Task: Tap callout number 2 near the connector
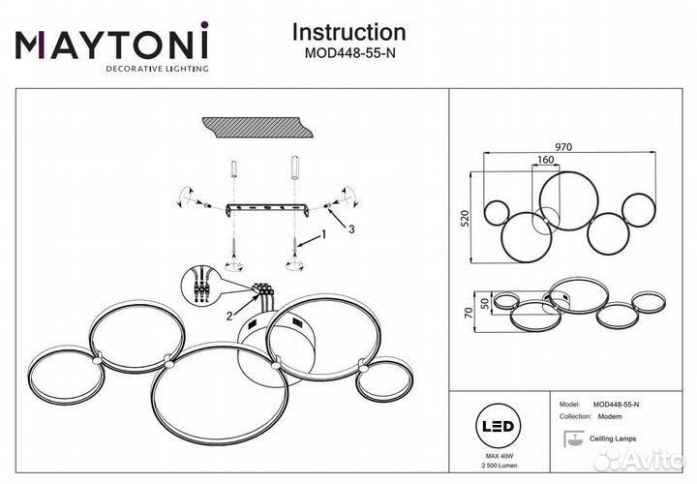(x=228, y=315)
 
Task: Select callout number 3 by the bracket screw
(x=352, y=228)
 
